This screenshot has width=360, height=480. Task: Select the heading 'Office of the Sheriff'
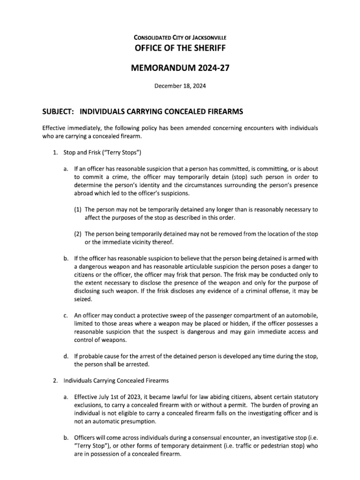[x=180, y=48]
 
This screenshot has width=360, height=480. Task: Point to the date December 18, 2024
[x=180, y=86]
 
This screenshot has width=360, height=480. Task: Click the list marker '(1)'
[x=78, y=210]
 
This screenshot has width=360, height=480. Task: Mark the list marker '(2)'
[x=78, y=234]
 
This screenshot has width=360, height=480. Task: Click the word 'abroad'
[x=84, y=193]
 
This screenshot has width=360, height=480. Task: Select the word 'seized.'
[x=83, y=299]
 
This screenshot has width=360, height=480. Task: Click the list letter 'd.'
[x=66, y=356]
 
